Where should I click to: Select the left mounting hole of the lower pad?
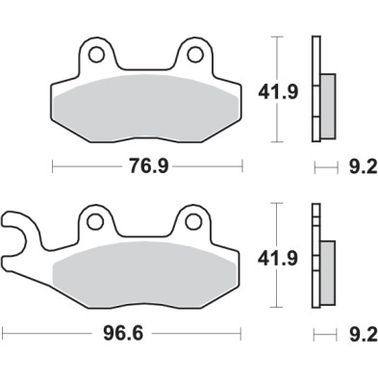coord(94,222)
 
